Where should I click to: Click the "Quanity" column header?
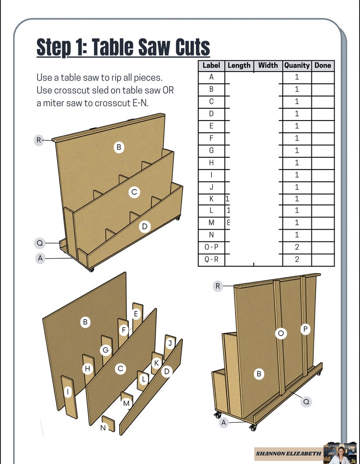coord(297,66)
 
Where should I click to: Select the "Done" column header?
coord(323,66)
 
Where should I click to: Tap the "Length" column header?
coord(239,66)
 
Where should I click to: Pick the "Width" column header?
coord(268,66)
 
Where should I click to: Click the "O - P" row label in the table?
coord(211,247)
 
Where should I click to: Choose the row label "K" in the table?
coord(211,199)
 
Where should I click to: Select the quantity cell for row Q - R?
coord(297,260)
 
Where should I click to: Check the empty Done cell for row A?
coord(323,77)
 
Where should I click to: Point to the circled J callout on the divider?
coord(170,343)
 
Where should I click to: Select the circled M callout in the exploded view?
coord(126,403)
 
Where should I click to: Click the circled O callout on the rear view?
coord(281,333)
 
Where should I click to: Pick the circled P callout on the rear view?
coord(305,329)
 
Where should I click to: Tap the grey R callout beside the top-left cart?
coord(39,140)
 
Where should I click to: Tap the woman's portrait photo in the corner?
coord(341,453)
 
